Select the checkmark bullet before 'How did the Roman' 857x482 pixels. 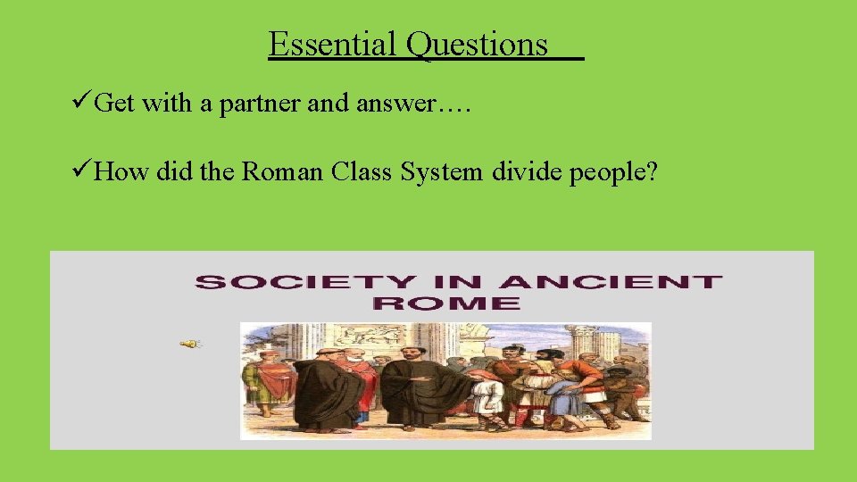tap(79, 171)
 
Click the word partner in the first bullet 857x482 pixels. tap(266, 104)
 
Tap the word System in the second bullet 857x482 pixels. tap(441, 171)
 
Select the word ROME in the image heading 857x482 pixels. tap(446, 303)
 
